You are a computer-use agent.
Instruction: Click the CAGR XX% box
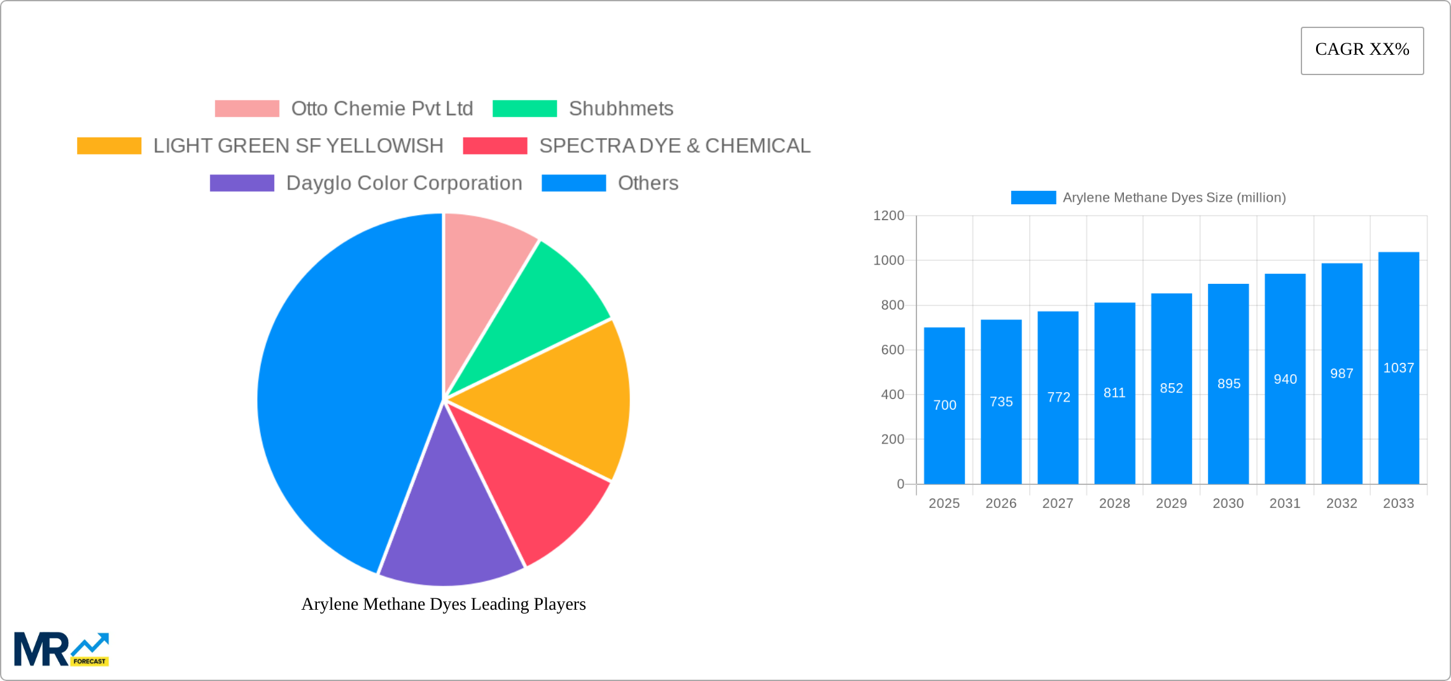click(1362, 50)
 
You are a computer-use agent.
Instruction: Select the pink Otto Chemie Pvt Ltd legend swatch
click(247, 109)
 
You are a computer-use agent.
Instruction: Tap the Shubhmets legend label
click(620, 109)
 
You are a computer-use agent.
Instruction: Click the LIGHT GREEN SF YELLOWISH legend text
click(298, 146)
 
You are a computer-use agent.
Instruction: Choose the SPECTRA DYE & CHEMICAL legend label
click(675, 146)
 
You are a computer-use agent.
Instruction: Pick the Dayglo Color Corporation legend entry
click(403, 183)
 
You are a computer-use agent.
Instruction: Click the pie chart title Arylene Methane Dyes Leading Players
click(444, 604)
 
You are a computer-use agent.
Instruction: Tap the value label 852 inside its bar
click(1171, 388)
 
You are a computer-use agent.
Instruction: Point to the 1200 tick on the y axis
click(888, 216)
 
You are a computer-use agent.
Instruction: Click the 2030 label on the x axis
click(1228, 503)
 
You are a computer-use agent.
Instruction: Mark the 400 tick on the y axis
click(892, 395)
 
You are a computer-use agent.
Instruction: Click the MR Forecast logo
click(62, 649)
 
